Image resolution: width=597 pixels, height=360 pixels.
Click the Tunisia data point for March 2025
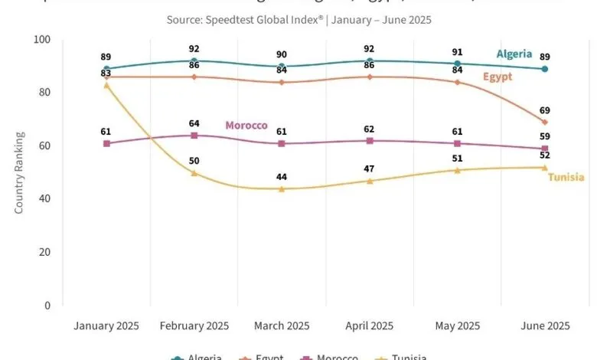[x=282, y=188]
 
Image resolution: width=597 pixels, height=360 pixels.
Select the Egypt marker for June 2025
[x=545, y=122]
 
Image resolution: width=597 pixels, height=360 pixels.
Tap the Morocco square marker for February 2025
[x=194, y=136]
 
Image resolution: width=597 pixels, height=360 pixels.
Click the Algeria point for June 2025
[x=545, y=69]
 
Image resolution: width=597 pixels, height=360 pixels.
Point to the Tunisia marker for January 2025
[x=106, y=85]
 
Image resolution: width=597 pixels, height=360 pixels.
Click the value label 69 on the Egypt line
[x=545, y=110]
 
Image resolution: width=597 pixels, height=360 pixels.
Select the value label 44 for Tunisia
[x=282, y=177]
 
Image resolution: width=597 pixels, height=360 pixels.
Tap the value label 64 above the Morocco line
[x=194, y=123]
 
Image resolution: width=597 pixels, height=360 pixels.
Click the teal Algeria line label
[x=514, y=54]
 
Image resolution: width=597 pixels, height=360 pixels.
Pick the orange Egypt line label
[x=497, y=77]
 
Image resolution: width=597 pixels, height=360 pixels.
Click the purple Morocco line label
[x=246, y=125]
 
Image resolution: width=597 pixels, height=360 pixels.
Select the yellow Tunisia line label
[x=566, y=178]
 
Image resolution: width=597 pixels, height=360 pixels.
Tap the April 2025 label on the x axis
[x=370, y=326]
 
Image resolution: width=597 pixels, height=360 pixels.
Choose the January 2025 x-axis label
[x=106, y=326]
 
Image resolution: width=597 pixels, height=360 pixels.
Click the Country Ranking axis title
[x=19, y=172]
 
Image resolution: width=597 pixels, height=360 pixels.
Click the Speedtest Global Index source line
[x=298, y=19]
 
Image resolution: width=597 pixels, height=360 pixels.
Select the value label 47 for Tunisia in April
[x=370, y=169]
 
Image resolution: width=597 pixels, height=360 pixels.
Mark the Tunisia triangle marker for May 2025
[x=457, y=170]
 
